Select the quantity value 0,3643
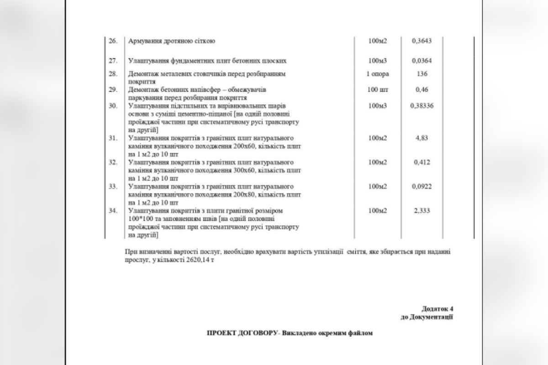point(422,41)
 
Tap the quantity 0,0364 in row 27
point(422,61)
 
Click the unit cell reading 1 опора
point(378,73)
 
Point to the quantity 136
point(422,73)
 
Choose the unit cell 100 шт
point(378,89)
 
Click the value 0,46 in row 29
point(422,89)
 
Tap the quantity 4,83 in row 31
point(422,138)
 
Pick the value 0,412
point(422,162)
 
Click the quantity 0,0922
point(422,187)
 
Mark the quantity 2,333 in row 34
point(422,211)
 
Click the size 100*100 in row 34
point(140,219)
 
